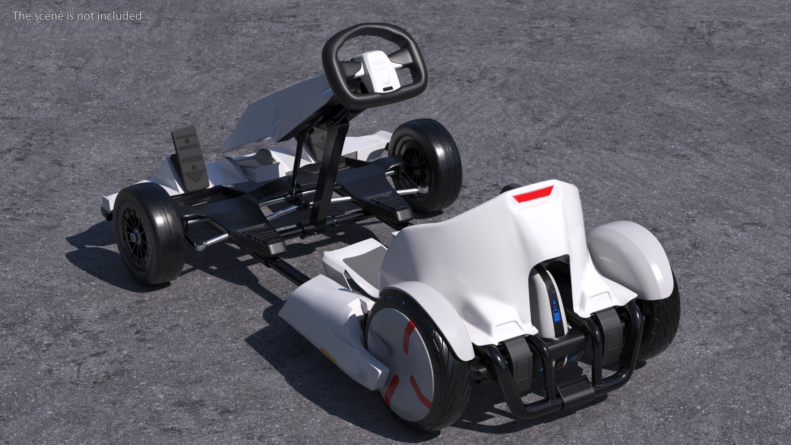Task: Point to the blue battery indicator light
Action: [x=557, y=315]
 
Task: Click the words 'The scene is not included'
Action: [x=77, y=16]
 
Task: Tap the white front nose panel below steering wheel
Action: [x=280, y=111]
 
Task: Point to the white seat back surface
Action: [x=474, y=255]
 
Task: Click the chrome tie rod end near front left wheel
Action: [x=201, y=246]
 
